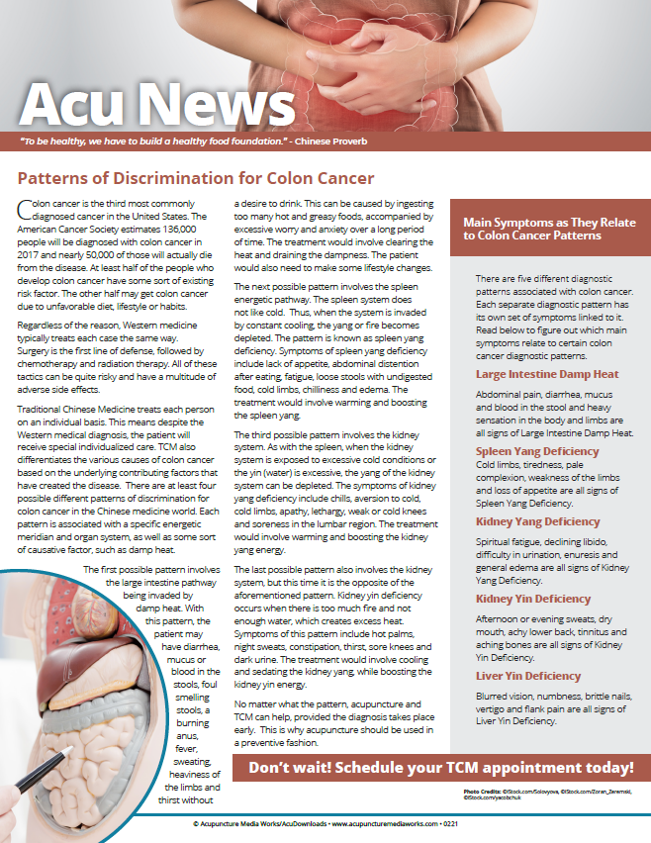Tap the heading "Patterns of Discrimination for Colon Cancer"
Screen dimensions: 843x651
(196, 179)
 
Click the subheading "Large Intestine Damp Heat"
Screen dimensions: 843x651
(547, 374)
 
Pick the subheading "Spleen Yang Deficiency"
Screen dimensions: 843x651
(537, 451)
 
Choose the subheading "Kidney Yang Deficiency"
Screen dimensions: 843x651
(537, 521)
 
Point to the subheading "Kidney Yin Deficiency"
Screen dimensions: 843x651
(532, 599)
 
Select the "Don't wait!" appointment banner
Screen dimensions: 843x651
(440, 768)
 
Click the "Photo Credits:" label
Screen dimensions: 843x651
(482, 793)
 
